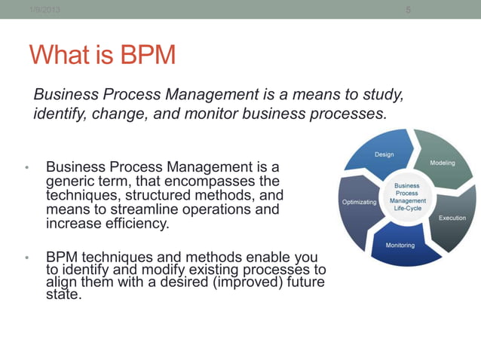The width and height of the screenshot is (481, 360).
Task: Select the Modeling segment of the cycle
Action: click(441, 162)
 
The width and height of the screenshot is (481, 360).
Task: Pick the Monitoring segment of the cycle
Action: click(399, 246)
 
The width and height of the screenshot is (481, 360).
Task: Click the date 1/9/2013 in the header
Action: click(44, 8)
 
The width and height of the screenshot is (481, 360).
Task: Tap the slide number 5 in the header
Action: click(408, 9)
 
